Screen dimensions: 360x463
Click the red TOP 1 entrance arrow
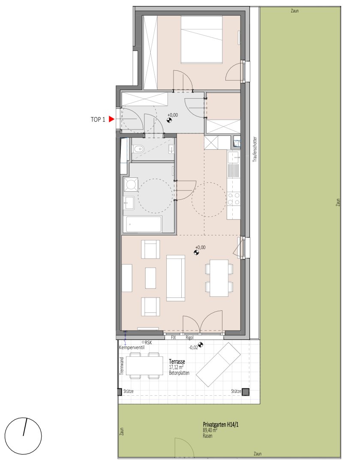(x=111, y=119)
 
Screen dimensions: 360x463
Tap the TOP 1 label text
(x=98, y=120)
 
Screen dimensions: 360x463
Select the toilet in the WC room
(x=138, y=150)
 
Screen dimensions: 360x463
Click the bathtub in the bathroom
(x=144, y=224)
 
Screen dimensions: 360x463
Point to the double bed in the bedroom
(x=201, y=39)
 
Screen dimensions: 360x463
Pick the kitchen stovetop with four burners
(x=234, y=198)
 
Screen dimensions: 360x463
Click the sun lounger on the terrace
(x=218, y=365)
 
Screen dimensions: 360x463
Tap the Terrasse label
(x=177, y=362)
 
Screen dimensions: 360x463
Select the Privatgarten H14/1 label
(x=220, y=424)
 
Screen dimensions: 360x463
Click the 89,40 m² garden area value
(x=210, y=430)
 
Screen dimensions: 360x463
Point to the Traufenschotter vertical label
(x=255, y=149)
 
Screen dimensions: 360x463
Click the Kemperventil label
(x=132, y=348)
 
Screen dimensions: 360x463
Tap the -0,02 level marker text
(x=193, y=347)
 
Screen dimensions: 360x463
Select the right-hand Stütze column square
(x=246, y=392)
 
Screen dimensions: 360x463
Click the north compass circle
(x=23, y=436)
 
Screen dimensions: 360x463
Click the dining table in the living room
(x=219, y=278)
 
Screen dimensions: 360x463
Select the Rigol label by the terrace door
(x=189, y=337)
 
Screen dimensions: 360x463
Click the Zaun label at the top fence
(x=294, y=11)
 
